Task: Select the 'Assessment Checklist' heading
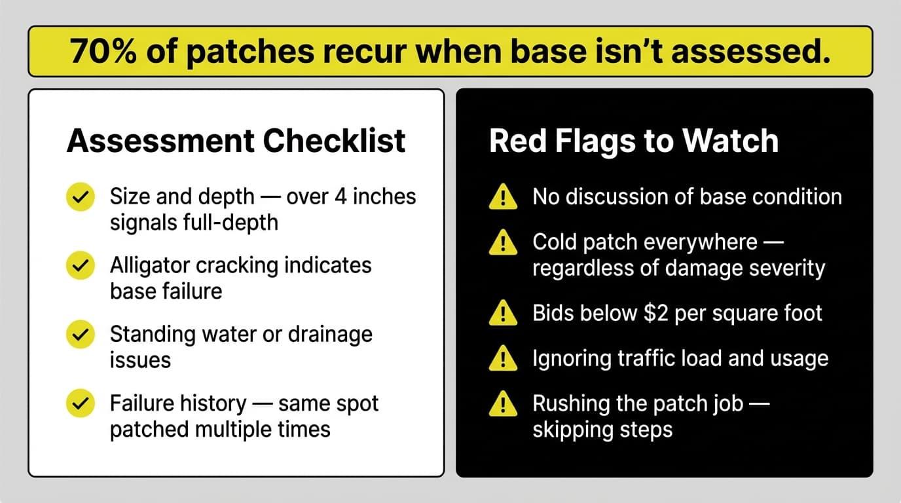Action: [236, 141]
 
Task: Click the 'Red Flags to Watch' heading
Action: [634, 141]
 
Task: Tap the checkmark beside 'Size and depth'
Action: [81, 197]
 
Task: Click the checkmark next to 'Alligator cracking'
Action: [81, 266]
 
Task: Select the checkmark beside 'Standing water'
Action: [81, 335]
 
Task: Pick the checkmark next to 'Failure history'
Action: [81, 404]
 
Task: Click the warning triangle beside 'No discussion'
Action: [503, 197]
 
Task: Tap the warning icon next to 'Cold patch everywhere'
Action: [503, 244]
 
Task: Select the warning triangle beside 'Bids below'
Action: [503, 314]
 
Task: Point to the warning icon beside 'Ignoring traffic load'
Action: [503, 359]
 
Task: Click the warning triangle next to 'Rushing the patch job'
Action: [503, 405]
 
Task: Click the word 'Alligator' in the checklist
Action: [153, 265]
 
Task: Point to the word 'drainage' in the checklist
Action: [330, 334]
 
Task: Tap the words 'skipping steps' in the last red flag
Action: [602, 430]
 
